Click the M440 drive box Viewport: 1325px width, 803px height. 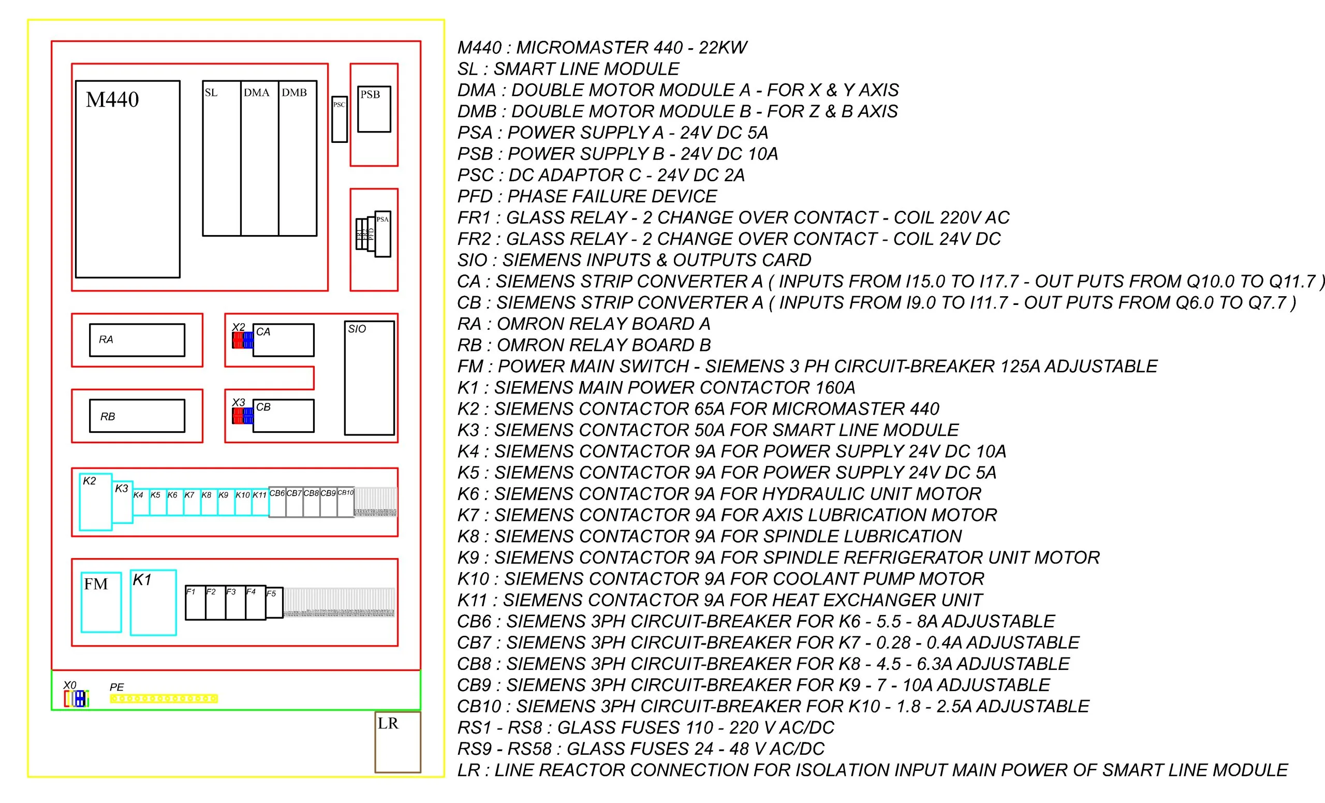(x=127, y=179)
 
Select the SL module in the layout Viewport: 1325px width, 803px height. (x=222, y=158)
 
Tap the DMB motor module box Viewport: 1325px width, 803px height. (x=298, y=158)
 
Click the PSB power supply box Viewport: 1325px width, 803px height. (x=374, y=109)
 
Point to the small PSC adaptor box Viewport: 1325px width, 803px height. (x=340, y=120)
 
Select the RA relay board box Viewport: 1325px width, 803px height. (x=137, y=340)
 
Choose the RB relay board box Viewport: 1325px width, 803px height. (x=137, y=416)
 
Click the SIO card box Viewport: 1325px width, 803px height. (x=370, y=378)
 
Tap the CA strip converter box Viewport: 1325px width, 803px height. (x=284, y=340)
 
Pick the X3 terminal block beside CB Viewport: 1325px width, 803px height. (x=243, y=416)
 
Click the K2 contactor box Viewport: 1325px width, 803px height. (x=96, y=502)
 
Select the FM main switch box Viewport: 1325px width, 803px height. (x=101, y=602)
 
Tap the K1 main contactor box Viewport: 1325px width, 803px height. (x=153, y=603)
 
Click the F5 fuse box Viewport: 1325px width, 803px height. (x=274, y=603)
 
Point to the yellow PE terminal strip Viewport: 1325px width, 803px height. (x=164, y=698)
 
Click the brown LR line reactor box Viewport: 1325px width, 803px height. (x=397, y=742)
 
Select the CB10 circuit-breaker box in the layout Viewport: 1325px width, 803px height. (x=346, y=503)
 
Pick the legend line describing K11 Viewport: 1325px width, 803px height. (x=719, y=600)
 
